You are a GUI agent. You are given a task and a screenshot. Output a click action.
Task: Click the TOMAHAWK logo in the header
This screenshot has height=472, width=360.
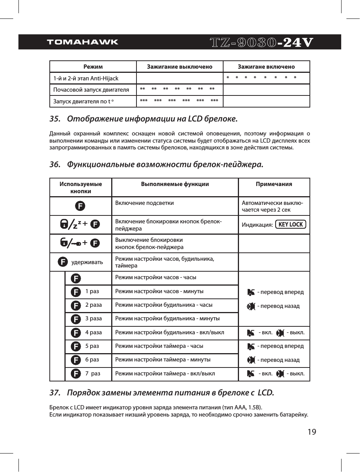(83, 42)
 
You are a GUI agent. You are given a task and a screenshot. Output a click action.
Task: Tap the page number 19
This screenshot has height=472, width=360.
(312, 432)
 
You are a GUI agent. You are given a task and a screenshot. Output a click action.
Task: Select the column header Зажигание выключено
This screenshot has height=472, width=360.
(179, 67)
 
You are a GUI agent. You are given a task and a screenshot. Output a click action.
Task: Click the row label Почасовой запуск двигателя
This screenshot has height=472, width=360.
(91, 90)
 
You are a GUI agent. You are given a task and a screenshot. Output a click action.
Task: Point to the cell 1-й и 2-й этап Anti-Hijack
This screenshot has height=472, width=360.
(86, 78)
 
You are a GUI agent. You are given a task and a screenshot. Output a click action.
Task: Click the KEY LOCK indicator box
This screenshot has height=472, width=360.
(291, 224)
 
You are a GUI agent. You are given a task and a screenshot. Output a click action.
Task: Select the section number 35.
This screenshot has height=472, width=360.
(55, 119)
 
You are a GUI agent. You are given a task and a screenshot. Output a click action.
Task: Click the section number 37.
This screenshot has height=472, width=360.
(55, 393)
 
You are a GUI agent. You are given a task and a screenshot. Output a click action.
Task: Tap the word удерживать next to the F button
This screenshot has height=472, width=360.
(87, 262)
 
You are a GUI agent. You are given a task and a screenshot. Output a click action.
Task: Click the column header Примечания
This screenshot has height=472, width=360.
(274, 184)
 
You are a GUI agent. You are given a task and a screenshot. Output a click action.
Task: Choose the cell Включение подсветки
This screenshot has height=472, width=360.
(144, 203)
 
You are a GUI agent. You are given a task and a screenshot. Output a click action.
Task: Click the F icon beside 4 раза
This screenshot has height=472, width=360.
(76, 333)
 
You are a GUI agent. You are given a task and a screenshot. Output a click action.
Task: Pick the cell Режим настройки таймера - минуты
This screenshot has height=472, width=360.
(163, 360)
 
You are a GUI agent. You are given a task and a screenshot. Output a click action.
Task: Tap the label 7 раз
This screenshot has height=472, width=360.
(93, 374)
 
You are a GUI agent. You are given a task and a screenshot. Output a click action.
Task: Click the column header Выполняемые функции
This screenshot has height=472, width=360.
(175, 184)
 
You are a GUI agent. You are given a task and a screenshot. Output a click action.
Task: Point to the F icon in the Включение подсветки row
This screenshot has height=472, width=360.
(80, 206)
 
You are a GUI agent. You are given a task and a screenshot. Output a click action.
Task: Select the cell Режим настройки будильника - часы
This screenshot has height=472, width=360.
(164, 305)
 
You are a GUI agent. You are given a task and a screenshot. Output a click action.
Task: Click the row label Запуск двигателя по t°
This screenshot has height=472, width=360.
(83, 101)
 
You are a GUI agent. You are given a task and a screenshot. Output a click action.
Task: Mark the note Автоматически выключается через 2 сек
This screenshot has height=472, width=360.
(272, 206)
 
